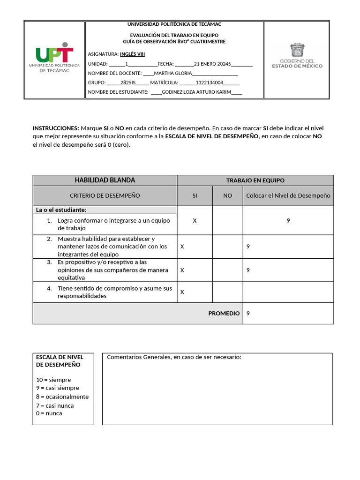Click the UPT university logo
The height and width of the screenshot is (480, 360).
[x=54, y=59]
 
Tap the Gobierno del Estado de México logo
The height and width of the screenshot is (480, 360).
[x=297, y=56]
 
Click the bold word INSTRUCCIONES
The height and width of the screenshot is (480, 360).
[x=56, y=128]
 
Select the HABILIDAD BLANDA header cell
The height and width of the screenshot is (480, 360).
[x=105, y=180]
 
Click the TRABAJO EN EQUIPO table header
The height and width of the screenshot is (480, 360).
[x=255, y=180]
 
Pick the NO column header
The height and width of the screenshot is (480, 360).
[x=227, y=195]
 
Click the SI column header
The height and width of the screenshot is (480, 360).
[x=195, y=195]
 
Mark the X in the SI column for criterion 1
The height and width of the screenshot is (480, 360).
[x=195, y=220]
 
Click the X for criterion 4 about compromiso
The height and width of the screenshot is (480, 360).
[x=182, y=292]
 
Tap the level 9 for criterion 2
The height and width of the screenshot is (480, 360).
[x=248, y=246]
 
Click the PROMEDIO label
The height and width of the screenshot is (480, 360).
[x=224, y=313]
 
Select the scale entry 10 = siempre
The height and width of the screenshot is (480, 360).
[x=53, y=380]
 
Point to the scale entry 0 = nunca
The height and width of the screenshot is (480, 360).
[x=49, y=413]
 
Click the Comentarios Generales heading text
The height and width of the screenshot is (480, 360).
[x=174, y=357]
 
